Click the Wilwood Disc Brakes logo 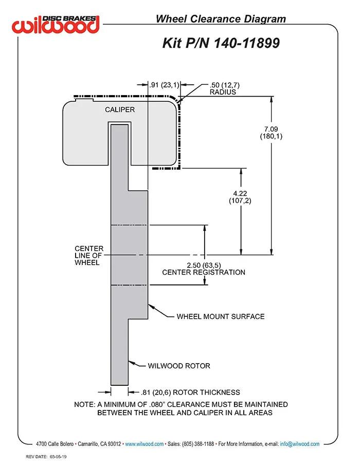tap(56, 24)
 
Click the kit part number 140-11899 tap(246, 43)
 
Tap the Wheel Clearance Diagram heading tap(221, 19)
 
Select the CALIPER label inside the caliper tap(120, 110)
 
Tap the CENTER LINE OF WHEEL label tap(89, 255)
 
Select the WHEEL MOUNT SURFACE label tap(221, 316)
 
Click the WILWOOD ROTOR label tap(179, 366)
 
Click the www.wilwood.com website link tap(144, 444)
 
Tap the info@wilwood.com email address tap(300, 444)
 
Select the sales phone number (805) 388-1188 tap(198, 444)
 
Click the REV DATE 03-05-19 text tap(46, 457)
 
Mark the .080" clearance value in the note tap(157, 404)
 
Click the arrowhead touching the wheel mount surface tap(151, 307)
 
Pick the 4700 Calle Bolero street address tap(55, 444)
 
